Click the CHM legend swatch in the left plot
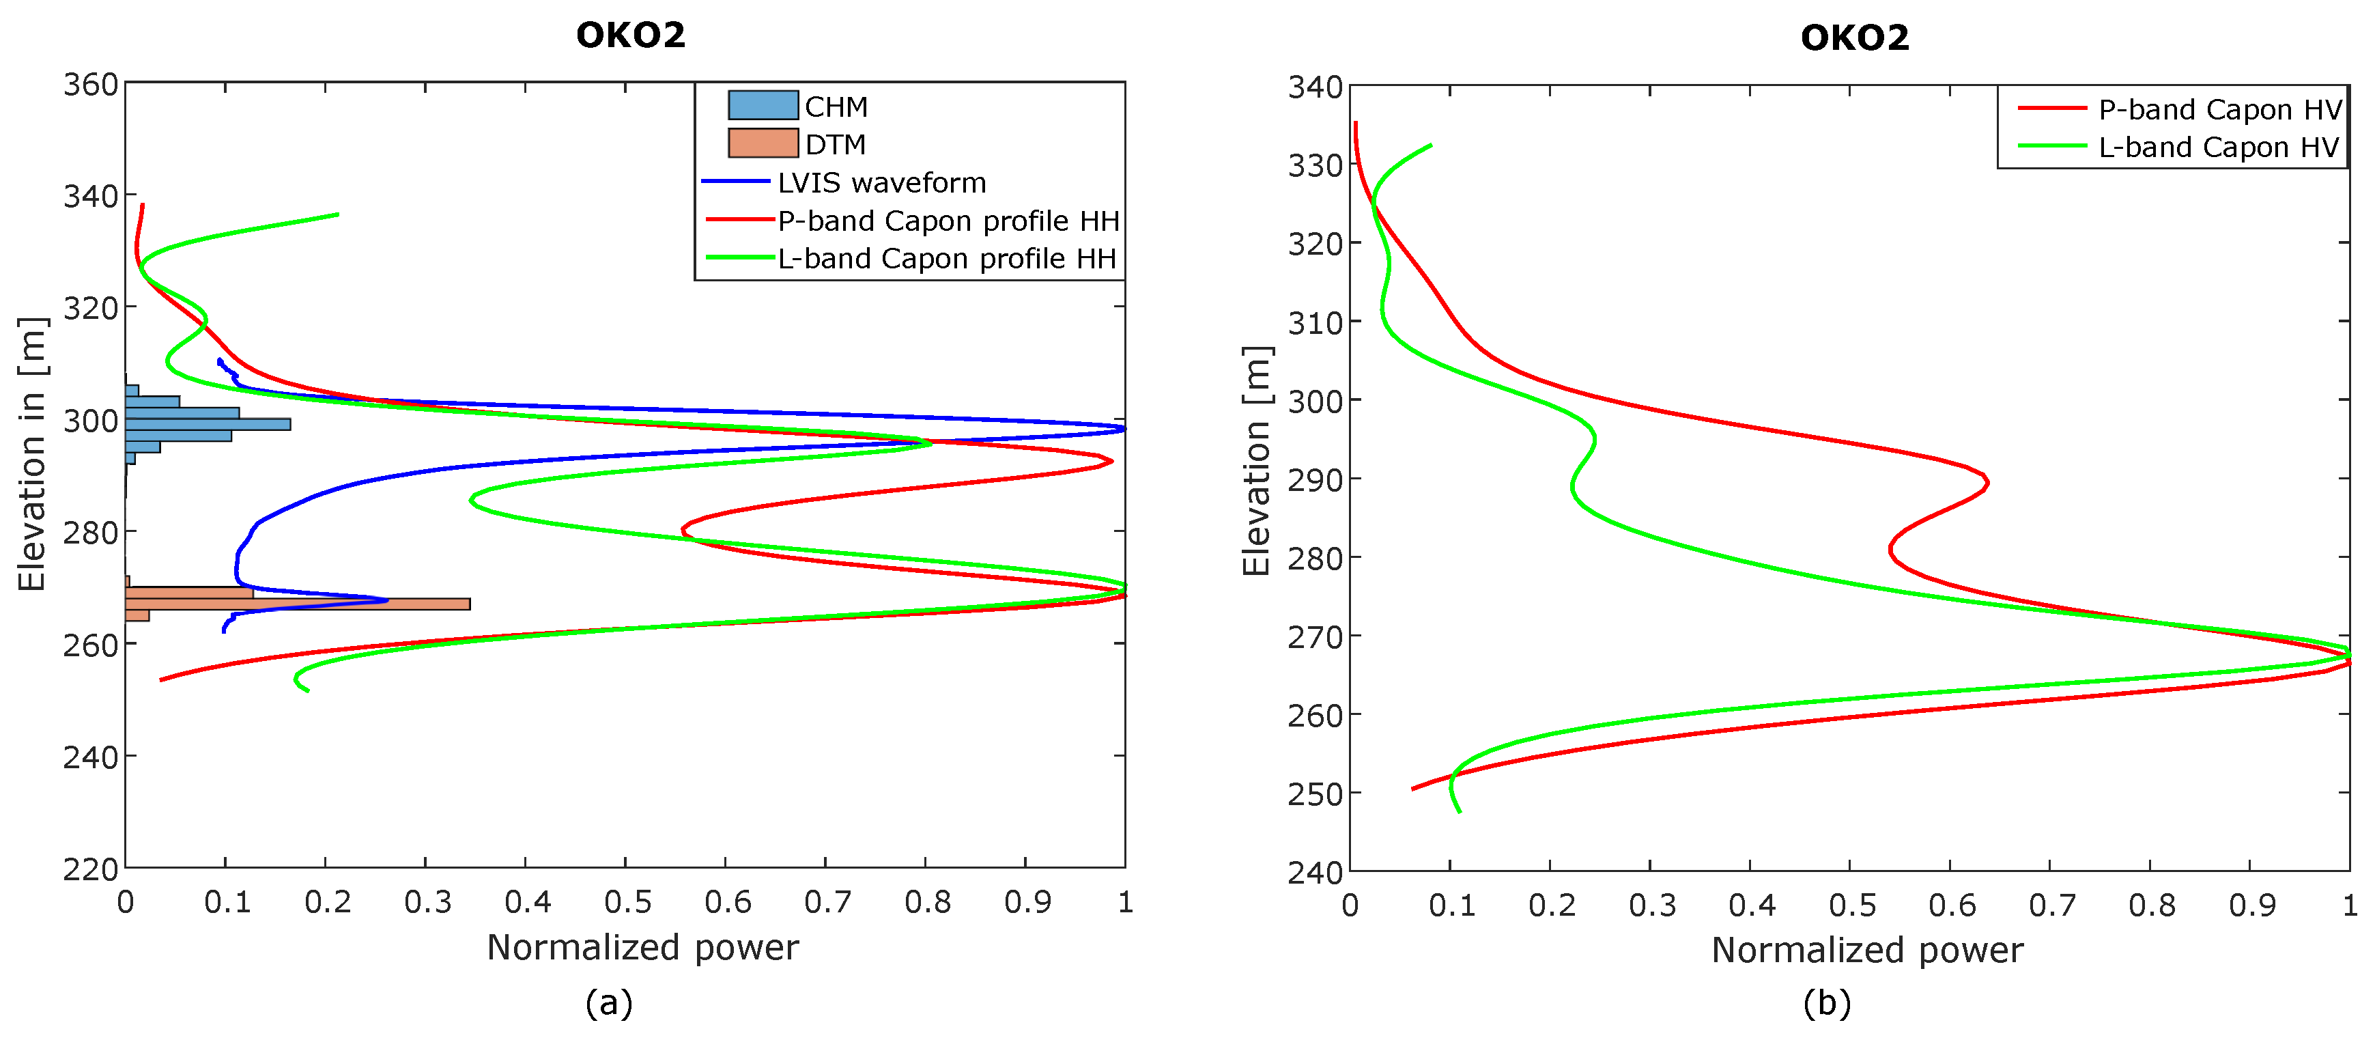[763, 105]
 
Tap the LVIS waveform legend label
[881, 182]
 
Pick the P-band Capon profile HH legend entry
[948, 221]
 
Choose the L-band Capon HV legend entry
[2217, 147]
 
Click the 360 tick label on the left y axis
[90, 85]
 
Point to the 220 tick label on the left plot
[90, 869]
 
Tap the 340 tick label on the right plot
[1314, 87]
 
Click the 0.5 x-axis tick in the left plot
[626, 901]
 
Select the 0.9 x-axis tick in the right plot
[2251, 905]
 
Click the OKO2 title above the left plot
[631, 35]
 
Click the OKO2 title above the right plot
[1854, 38]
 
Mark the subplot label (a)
[608, 1002]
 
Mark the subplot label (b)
[1826, 1002]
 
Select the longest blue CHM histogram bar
[208, 424]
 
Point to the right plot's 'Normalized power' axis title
[1866, 950]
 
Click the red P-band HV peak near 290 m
[1986, 482]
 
